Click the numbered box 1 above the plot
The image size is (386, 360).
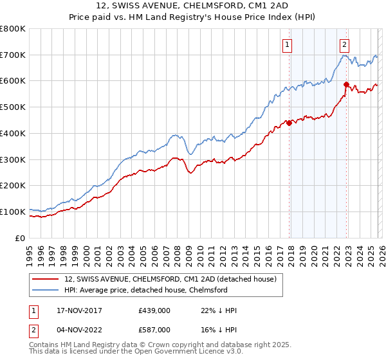pos(287,44)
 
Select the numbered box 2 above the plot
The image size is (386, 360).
pos(345,44)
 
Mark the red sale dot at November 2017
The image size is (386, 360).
pos(289,123)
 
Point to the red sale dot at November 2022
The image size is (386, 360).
pos(346,84)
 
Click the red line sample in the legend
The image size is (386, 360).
pos(46,279)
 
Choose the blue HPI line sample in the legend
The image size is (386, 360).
pos(46,290)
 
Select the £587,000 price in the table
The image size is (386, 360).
pos(155,329)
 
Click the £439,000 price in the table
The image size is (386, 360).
pos(155,310)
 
